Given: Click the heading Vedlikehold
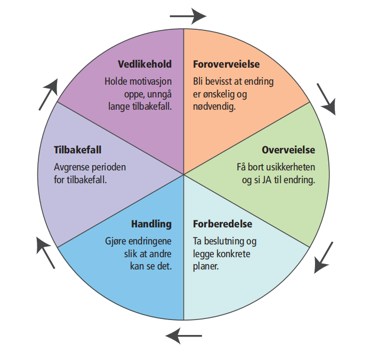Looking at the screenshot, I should coord(144,64).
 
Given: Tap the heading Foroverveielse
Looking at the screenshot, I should coord(226,64).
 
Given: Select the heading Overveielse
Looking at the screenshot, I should coord(288,150).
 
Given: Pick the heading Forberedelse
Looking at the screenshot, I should coord(222,224).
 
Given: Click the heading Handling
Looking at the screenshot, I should coord(151,224).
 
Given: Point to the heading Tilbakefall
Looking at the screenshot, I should coord(78,150).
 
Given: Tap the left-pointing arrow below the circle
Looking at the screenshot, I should coord(184,336).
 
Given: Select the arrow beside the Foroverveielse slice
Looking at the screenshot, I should coord(326,99).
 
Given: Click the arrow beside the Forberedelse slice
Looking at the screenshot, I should coord(324,257).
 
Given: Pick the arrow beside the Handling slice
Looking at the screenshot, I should coord(46,252).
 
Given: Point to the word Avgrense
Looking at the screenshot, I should coord(72,167).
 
